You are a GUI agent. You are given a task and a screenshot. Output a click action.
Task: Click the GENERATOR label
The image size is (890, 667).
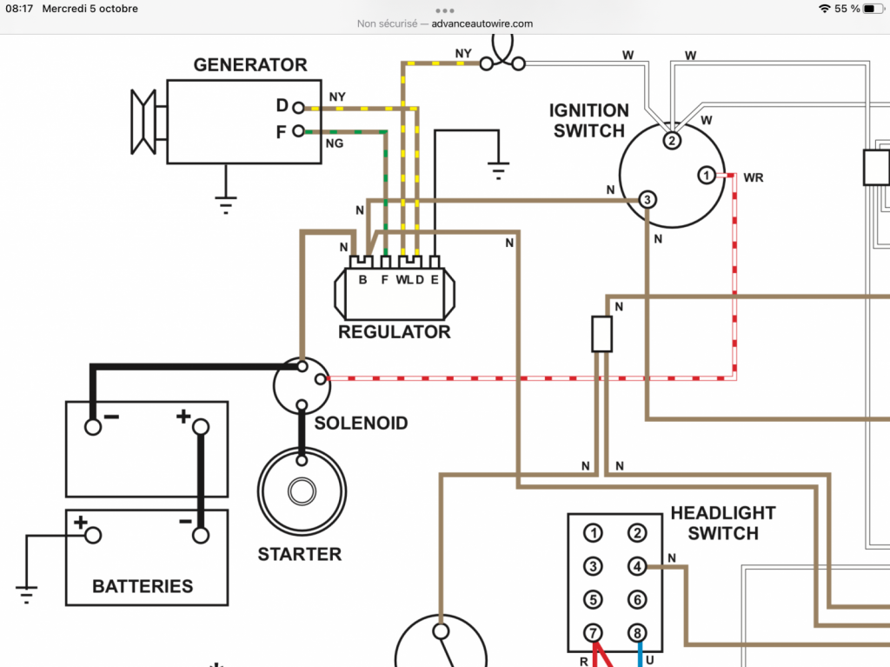tap(250, 64)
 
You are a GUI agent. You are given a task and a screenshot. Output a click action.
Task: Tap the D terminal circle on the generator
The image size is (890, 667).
tap(298, 107)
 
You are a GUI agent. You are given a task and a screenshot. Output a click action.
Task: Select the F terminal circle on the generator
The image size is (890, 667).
tap(298, 131)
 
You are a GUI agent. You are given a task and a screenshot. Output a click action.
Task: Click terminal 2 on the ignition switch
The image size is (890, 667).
tap(672, 140)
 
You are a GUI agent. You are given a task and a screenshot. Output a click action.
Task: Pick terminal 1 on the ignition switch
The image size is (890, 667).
tap(706, 175)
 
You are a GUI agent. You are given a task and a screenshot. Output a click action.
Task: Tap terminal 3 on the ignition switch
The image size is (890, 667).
tap(647, 199)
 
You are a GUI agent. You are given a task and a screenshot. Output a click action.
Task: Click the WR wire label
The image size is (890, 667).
tap(754, 177)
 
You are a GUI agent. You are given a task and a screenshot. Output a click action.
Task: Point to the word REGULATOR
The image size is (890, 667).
tap(395, 332)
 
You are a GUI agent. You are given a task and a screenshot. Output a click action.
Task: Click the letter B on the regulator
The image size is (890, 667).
tap(362, 279)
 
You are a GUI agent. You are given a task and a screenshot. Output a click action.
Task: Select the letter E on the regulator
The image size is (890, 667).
tap(435, 279)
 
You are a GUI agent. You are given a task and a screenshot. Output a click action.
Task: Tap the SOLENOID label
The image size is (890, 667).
tap(361, 424)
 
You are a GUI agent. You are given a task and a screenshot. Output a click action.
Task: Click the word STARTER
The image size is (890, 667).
tap(300, 555)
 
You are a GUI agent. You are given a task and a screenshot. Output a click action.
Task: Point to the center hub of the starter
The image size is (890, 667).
tap(302, 491)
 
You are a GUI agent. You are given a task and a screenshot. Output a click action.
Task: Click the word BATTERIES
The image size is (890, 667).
tap(143, 586)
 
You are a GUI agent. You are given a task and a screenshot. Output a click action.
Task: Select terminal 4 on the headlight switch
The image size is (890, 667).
tap(637, 566)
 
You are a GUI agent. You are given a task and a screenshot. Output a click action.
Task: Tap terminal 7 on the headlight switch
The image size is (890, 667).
tap(593, 633)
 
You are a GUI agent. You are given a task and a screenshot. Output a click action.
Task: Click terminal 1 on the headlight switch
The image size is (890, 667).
tap(593, 533)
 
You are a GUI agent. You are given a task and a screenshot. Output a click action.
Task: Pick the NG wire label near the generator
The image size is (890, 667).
tap(335, 143)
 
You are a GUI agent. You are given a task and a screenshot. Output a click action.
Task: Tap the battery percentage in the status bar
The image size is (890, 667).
tap(847, 9)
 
